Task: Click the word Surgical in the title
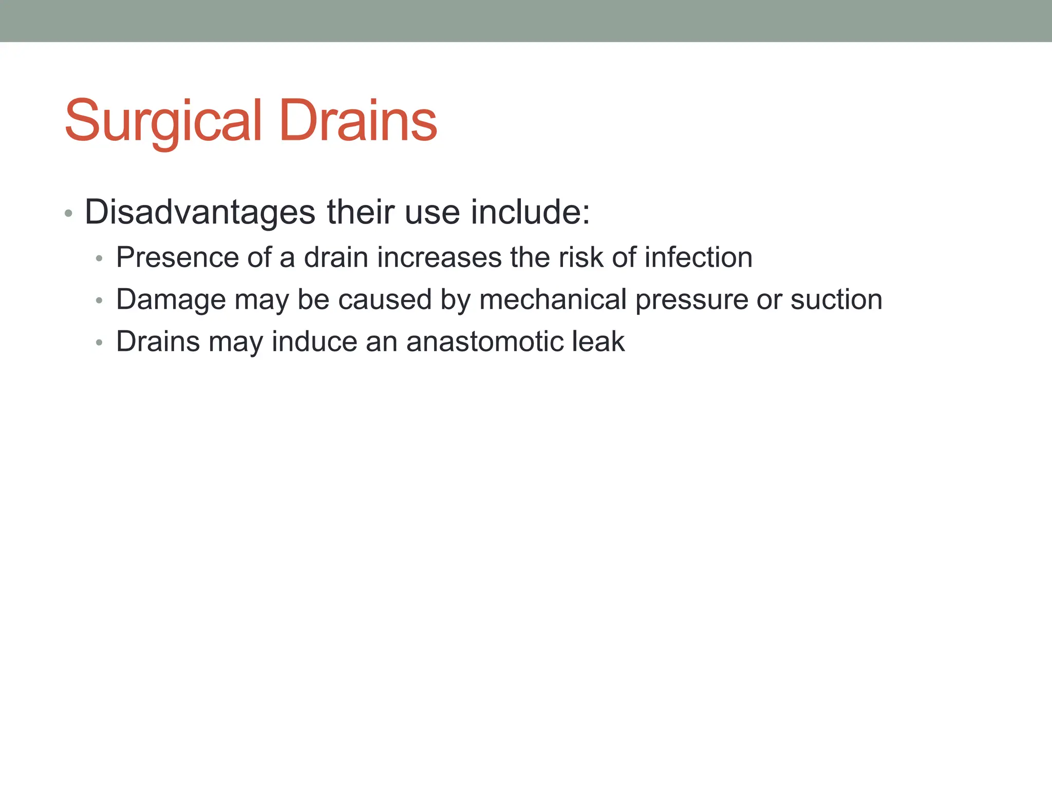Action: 163,121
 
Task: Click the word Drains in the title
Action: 358,121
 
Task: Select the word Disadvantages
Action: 200,212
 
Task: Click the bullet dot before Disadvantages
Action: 68,213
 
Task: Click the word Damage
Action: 171,299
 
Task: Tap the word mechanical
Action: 553,299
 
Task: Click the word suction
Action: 836,299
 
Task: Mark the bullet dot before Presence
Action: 100,258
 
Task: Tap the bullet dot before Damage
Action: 100,300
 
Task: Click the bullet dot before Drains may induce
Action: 100,343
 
